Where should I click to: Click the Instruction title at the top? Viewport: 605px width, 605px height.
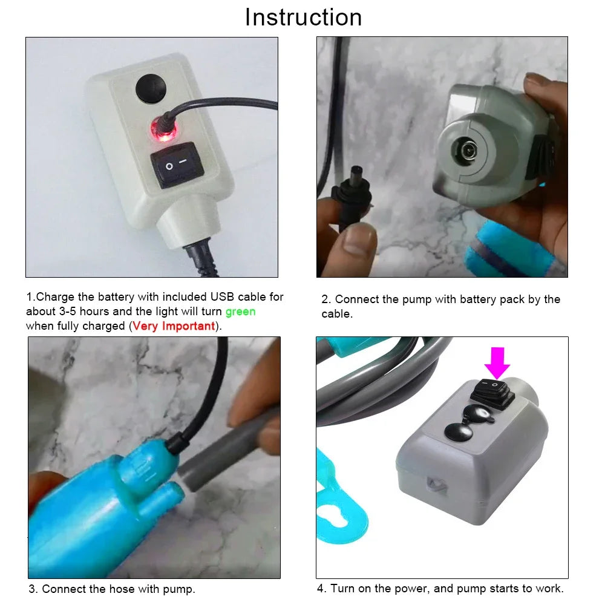(303, 18)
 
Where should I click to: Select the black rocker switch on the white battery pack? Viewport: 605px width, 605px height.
(175, 165)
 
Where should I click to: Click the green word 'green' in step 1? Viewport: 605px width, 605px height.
(240, 312)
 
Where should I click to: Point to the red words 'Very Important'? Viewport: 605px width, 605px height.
(174, 326)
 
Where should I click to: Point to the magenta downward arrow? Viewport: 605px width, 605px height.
(497, 362)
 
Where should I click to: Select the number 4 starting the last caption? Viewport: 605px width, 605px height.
(320, 589)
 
